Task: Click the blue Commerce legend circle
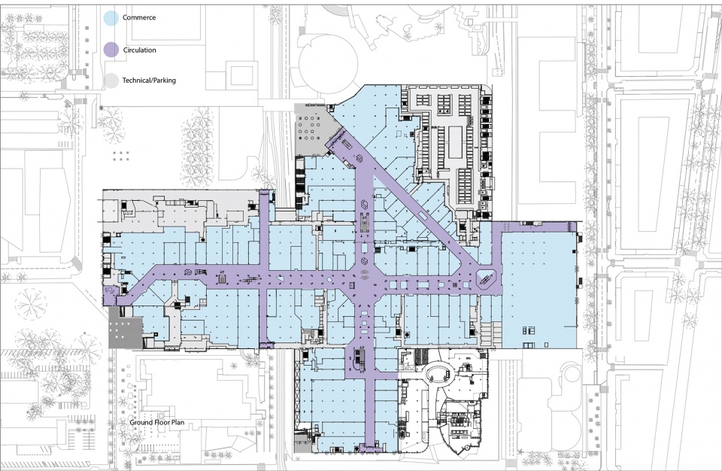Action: pos(111,18)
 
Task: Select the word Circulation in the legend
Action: pos(140,50)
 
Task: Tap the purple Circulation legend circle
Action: pos(111,50)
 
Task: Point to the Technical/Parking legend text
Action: pos(149,81)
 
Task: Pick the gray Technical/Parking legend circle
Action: pos(111,81)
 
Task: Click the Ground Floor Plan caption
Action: pos(157,422)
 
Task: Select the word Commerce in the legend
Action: pos(139,17)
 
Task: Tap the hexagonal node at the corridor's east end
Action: pos(486,278)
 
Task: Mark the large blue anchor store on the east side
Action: pos(538,291)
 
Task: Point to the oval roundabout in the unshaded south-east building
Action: pos(438,372)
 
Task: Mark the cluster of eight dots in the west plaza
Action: pos(121,156)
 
